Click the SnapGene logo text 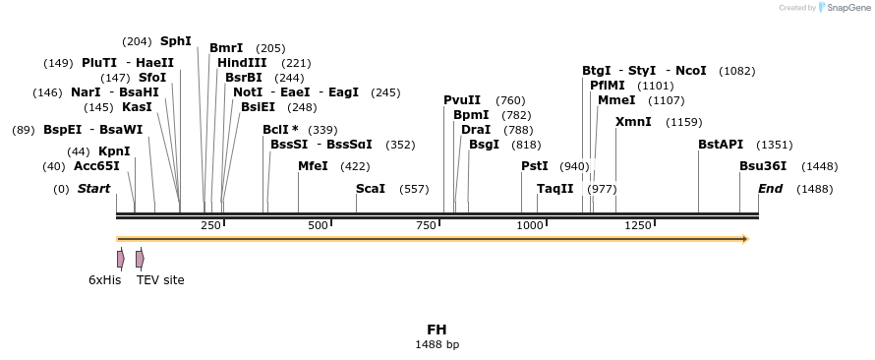coord(846,7)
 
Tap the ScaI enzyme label coord(371,188)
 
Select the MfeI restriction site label coord(313,166)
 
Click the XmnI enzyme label coord(633,122)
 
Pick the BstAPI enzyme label coord(721,145)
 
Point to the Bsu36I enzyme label coord(763,166)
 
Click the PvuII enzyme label coord(462,100)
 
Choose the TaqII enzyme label coord(554,188)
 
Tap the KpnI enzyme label coord(114,151)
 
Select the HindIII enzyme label coord(242,63)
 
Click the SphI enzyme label coord(176,41)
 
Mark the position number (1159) coord(683,122)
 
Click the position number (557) coord(414,188)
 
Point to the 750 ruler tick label coord(425,226)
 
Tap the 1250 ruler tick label coord(638,226)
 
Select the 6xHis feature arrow coord(120,259)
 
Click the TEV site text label coord(160,280)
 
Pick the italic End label coord(770,188)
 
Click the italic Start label coord(94,188)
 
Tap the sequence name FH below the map coord(437,330)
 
